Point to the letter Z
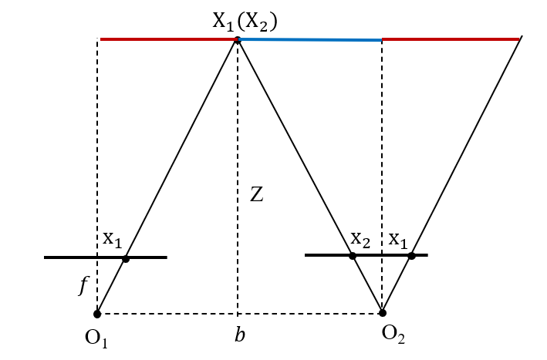tap(257, 196)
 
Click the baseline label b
tap(241, 335)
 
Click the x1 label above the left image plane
tap(113, 239)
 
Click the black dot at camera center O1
tap(97, 314)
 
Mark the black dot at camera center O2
tap(383, 313)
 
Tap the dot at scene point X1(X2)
tap(238, 39)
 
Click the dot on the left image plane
tap(126, 259)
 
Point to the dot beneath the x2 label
tap(353, 255)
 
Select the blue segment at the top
tap(309, 39)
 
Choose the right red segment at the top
tap(451, 39)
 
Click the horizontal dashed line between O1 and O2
tap(170, 314)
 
